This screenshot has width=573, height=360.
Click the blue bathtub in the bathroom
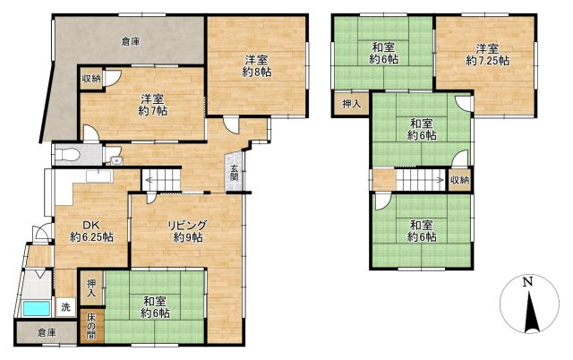click(36, 309)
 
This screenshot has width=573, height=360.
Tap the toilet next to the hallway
click(67, 155)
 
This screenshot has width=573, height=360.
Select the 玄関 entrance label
click(234, 174)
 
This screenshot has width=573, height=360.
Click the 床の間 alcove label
click(90, 326)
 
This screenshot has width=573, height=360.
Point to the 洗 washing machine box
click(65, 307)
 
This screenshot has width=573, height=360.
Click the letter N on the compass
click(527, 282)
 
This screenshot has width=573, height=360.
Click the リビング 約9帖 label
click(188, 231)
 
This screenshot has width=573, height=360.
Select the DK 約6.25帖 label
click(91, 231)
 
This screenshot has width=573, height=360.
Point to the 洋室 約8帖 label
click(257, 65)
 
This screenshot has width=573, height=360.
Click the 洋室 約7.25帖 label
click(487, 54)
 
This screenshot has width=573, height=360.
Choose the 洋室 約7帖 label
click(153, 105)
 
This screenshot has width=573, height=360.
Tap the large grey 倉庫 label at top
click(131, 42)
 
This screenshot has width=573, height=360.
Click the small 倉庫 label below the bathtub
click(47, 333)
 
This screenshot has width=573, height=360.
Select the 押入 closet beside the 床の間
click(91, 288)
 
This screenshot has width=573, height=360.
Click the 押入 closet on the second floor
click(352, 104)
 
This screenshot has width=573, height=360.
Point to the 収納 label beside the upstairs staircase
click(459, 180)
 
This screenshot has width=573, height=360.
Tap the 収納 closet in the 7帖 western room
click(91, 78)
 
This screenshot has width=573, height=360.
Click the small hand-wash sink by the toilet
click(116, 160)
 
